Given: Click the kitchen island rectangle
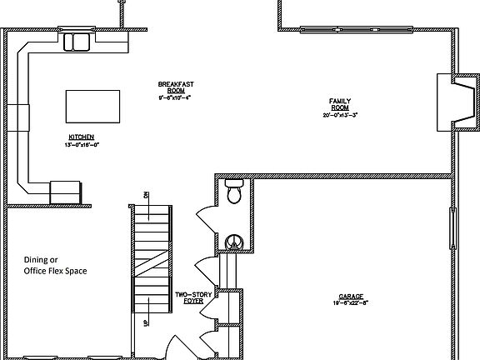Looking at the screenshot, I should pyautogui.click(x=90, y=106).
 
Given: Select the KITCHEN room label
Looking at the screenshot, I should pyautogui.click(x=81, y=137).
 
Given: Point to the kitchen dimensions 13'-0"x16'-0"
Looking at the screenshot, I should pyautogui.click(x=82, y=144).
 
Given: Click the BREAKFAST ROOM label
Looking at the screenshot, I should pyautogui.click(x=176, y=87).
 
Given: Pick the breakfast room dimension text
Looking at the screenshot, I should pyautogui.click(x=176, y=97).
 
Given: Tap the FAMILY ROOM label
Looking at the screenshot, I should pyautogui.click(x=339, y=104).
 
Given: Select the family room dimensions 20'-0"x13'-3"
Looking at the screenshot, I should pyautogui.click(x=339, y=114).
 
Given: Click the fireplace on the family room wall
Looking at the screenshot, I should pyautogui.click(x=457, y=102).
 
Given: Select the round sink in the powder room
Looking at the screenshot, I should pyautogui.click(x=234, y=242).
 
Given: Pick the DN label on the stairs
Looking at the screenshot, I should pyautogui.click(x=145, y=195).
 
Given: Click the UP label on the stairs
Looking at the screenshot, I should pyautogui.click(x=146, y=322).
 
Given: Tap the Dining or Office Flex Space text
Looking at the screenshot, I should pyautogui.click(x=55, y=265).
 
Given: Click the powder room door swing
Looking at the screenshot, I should pyautogui.click(x=206, y=219).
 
